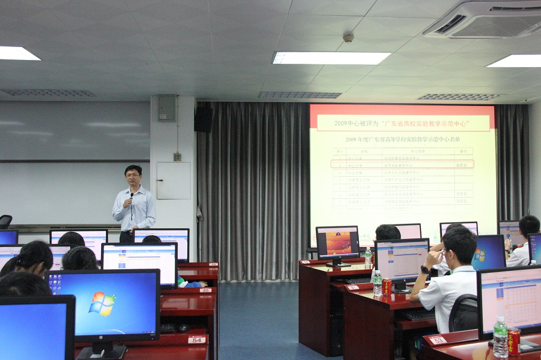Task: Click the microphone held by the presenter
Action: pos(131,196)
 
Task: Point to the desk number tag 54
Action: pos(197,339)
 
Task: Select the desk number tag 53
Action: pos(437,340)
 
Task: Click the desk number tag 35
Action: pos(206,290)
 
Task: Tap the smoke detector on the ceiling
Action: pos(348,38)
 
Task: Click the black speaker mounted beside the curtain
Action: pos(204,119)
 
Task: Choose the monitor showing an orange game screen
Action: pos(338,243)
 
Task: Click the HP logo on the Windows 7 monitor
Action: pos(103,336)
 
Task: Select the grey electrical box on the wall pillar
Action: pos(166,108)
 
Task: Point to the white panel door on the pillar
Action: pos(173,181)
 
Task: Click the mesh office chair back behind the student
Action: pos(464,314)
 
